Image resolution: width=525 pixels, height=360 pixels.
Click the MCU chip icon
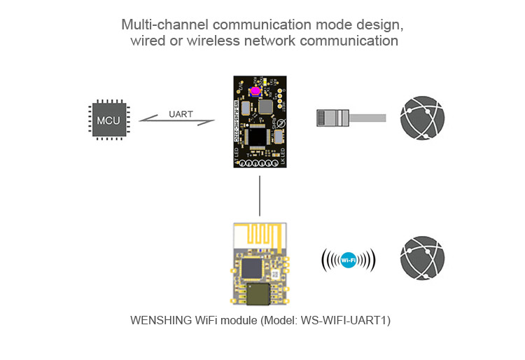[108, 120]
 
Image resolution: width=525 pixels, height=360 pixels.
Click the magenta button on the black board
[255, 91]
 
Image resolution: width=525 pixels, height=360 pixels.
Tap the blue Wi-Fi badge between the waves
[348, 261]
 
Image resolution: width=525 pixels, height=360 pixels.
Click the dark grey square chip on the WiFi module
[250, 269]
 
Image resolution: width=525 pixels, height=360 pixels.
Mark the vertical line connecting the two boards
[260, 195]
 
